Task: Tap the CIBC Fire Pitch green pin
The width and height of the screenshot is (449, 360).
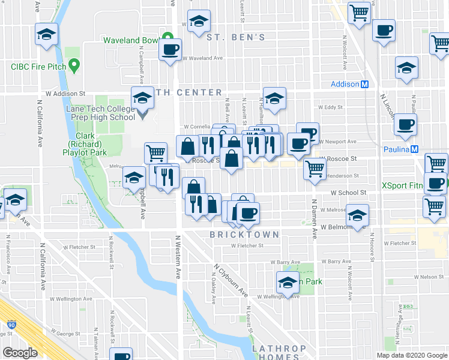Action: pyautogui.click(x=74, y=64)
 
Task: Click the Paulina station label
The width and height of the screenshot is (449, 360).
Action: pyautogui.click(x=401, y=149)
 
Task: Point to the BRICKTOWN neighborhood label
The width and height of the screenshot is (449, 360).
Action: pyautogui.click(x=244, y=234)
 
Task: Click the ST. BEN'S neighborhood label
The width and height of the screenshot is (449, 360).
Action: pyautogui.click(x=235, y=37)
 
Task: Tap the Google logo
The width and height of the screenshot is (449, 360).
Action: pyautogui.click(x=20, y=353)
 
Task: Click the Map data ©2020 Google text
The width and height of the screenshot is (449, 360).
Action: pyautogui.click(x=412, y=355)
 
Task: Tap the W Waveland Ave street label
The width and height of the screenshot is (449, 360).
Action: pyautogui.click(x=202, y=58)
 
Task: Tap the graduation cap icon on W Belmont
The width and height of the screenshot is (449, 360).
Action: pyautogui.click(x=357, y=215)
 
